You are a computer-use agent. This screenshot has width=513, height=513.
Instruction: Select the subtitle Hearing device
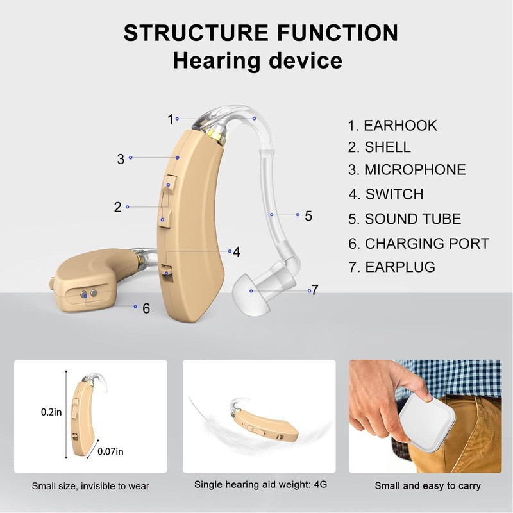pos(257,62)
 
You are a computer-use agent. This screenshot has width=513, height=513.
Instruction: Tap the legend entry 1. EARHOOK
pos(392,125)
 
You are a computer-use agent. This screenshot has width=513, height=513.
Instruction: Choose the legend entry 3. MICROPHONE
pos(407,170)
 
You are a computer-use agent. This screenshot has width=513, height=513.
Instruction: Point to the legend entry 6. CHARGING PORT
pos(419,244)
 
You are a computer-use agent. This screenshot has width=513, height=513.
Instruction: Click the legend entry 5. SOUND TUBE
pos(405,219)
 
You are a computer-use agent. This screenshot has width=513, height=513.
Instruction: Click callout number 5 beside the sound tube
pos(308,216)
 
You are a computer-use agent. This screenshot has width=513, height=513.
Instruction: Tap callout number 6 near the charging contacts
pos(146,308)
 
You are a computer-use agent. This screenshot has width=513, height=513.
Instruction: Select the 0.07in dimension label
pos(110,451)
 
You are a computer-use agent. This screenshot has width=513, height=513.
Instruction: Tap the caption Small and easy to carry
pos(428,485)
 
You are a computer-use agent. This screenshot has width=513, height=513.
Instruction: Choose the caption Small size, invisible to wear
pos(90,486)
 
